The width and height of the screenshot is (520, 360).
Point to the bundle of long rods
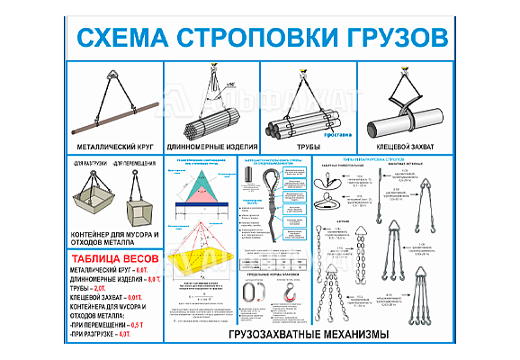[212, 121]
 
